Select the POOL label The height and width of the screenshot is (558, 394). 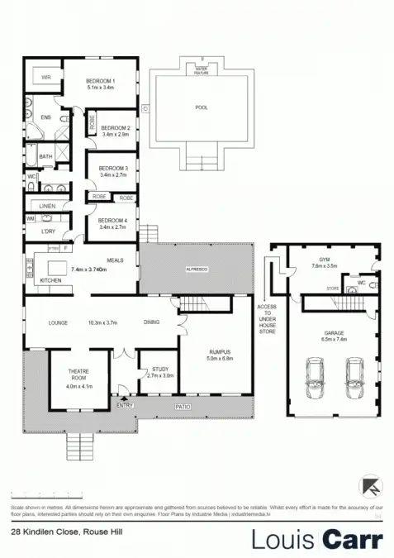(202, 107)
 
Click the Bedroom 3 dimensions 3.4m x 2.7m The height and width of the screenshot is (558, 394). (115, 175)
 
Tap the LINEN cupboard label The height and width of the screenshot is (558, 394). (45, 206)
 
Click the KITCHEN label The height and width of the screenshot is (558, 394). (50, 281)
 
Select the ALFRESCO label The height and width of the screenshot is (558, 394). (195, 269)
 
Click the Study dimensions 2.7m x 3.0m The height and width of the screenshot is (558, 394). (159, 375)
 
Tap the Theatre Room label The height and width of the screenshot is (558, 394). (83, 379)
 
